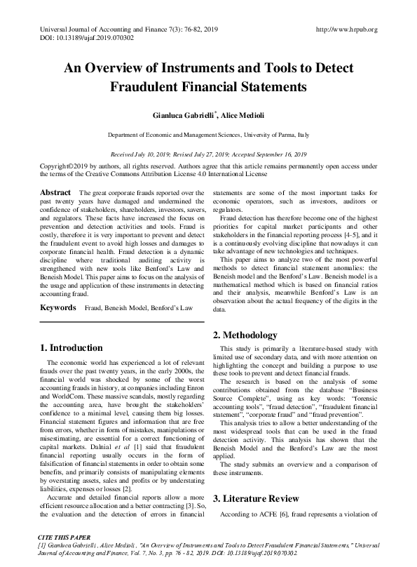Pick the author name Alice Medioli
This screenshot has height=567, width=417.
pos(243,114)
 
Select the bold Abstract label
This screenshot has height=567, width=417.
pos(55,192)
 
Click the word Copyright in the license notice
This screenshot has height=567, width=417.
pos(57,166)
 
